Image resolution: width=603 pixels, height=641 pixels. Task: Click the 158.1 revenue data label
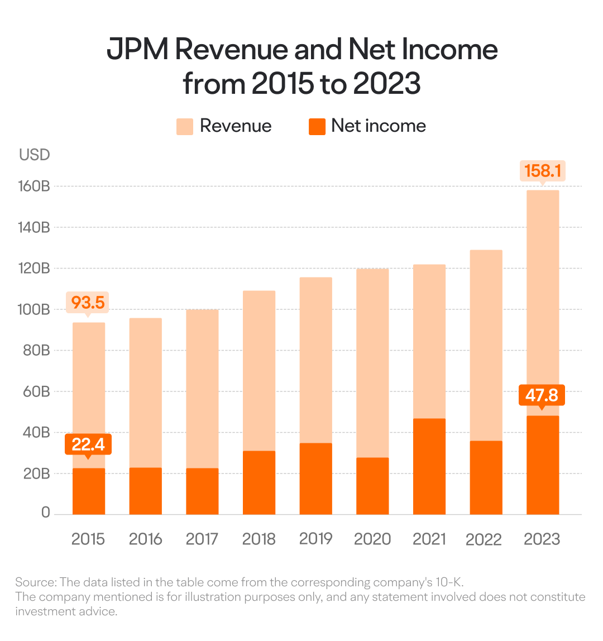(x=543, y=171)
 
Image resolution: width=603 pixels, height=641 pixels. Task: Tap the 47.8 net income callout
(x=542, y=395)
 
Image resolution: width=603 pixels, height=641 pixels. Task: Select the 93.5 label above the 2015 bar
(x=88, y=303)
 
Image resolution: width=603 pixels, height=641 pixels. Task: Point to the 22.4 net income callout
(x=88, y=444)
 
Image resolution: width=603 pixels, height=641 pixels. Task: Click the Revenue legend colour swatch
(x=184, y=126)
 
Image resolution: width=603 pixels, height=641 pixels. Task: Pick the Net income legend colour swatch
(x=317, y=126)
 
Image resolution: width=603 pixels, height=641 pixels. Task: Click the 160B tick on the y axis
(x=34, y=186)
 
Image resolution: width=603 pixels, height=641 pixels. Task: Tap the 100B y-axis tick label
(x=33, y=309)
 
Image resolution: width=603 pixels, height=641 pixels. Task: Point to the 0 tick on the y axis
(x=45, y=512)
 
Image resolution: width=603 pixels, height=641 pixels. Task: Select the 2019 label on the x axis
(x=315, y=539)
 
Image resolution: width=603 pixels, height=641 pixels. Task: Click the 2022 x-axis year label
(x=484, y=539)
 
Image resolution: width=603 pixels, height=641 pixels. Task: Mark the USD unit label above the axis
(x=35, y=155)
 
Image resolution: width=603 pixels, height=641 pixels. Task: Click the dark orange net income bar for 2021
(x=429, y=466)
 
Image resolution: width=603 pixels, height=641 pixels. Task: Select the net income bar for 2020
(x=372, y=486)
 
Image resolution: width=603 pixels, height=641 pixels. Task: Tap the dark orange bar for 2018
(x=259, y=483)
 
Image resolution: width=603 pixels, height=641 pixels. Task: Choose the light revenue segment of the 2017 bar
(x=202, y=389)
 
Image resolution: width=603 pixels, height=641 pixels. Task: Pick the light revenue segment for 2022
(x=486, y=346)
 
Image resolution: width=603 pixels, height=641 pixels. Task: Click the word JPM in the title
(x=137, y=50)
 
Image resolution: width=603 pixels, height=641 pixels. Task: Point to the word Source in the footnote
(x=35, y=582)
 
